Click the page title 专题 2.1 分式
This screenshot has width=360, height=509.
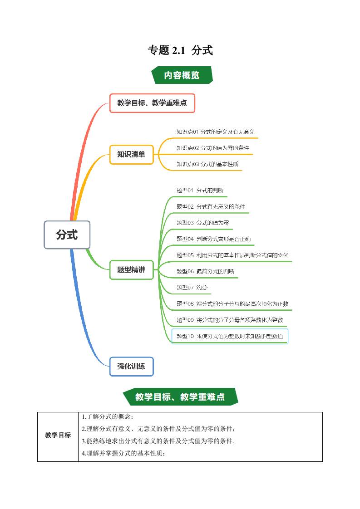pos(180,50)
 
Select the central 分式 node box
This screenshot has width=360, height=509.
pos(67,235)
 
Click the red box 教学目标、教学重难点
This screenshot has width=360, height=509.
pos(152,103)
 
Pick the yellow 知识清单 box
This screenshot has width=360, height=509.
pos(131,154)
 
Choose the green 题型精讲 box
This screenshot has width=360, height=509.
pos(131,269)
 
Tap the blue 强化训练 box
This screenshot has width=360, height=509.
pos(131,366)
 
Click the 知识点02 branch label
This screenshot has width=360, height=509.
pos(212,148)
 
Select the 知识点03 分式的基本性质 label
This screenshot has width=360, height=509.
pos(207,164)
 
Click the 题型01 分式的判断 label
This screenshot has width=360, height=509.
pos(200,190)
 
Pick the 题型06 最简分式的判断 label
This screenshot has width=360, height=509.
pos(205,271)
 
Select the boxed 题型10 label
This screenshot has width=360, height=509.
pos(230,336)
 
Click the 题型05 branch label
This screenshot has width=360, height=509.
pos(232,255)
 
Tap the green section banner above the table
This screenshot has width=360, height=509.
pos(180,397)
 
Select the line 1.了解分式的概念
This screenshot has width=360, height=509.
pos(108,417)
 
